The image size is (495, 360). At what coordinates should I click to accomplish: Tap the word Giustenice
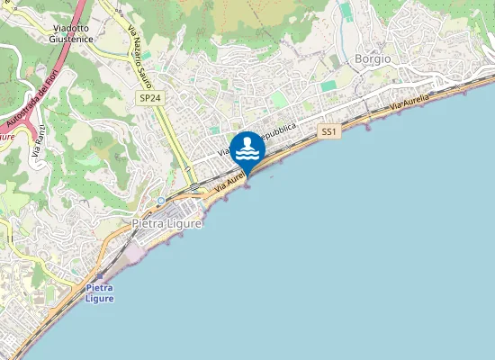point(68,39)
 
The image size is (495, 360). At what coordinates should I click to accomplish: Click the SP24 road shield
point(149,97)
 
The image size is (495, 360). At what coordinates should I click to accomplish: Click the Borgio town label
point(373,58)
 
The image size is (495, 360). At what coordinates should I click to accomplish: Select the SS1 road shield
point(328,131)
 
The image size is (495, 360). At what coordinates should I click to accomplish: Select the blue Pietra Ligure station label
point(100,292)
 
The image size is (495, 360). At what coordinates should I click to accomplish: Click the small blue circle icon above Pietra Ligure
point(160,200)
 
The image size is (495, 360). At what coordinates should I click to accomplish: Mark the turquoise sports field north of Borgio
point(346,12)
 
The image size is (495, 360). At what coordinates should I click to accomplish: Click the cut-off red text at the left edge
point(6,135)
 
